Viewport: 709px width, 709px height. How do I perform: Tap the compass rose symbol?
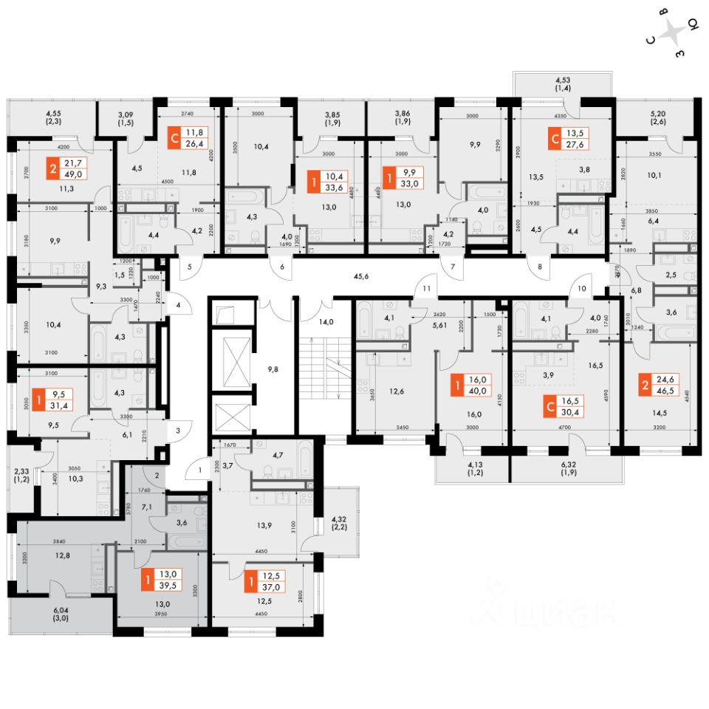click(x=673, y=33)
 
